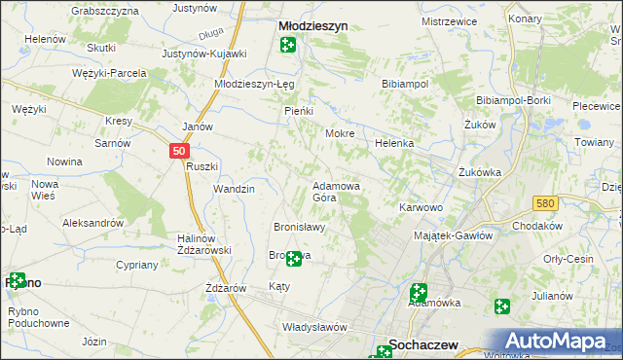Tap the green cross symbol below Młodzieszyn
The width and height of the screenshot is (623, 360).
(x=288, y=45)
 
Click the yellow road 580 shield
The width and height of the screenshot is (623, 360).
(x=545, y=202)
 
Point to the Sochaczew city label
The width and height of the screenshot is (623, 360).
(x=424, y=343)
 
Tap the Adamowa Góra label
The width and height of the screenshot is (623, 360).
(x=337, y=191)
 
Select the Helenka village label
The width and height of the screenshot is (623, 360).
(x=394, y=143)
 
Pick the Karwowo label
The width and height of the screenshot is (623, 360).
(x=421, y=207)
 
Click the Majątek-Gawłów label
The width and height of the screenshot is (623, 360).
(x=454, y=234)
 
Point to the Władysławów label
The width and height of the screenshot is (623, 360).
(x=313, y=327)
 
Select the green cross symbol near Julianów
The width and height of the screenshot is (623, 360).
(x=501, y=307)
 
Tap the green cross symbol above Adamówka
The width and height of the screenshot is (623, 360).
(x=419, y=290)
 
